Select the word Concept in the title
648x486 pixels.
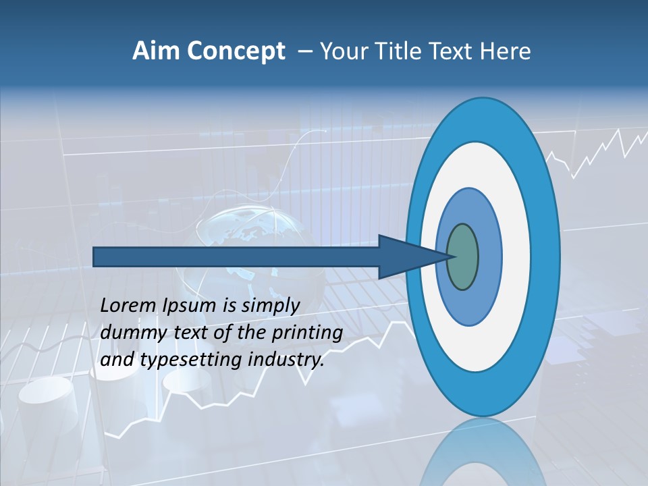pos(236,52)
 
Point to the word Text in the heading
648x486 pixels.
pos(455,51)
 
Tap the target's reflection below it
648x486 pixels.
pos(483,452)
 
